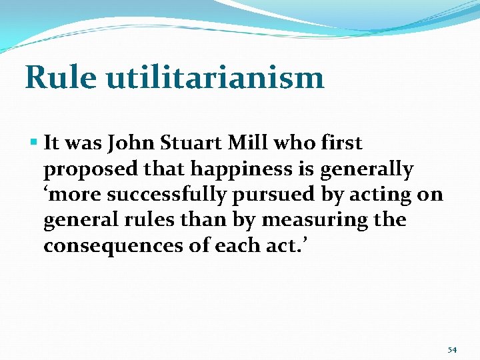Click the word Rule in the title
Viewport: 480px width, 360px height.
coord(59,77)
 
